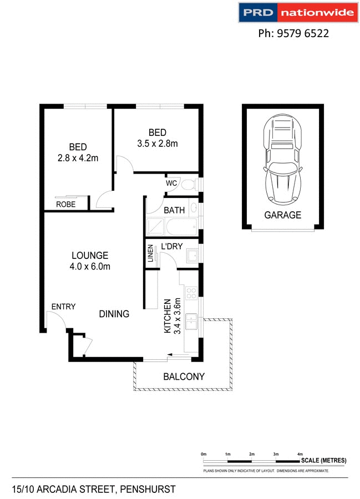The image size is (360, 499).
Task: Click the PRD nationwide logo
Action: [294, 13]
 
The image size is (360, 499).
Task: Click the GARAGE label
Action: [282, 215]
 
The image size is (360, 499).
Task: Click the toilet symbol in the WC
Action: [189, 184]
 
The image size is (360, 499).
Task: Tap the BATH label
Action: [174, 211]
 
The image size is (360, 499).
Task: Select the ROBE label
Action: [66, 205]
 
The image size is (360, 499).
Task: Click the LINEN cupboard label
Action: [150, 254]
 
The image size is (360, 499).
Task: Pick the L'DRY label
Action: [172, 247]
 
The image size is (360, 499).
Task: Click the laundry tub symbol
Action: [192, 256]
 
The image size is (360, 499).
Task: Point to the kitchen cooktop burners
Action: [191, 292]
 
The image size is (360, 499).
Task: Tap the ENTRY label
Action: [63, 307]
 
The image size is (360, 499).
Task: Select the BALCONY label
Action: [184, 376]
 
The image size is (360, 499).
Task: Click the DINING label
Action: [114, 314]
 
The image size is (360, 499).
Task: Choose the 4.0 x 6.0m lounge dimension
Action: [90, 267]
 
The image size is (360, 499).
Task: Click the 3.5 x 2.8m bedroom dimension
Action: [158, 144]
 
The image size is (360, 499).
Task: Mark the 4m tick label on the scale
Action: [300, 454]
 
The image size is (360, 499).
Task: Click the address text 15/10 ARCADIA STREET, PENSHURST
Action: [94, 489]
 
